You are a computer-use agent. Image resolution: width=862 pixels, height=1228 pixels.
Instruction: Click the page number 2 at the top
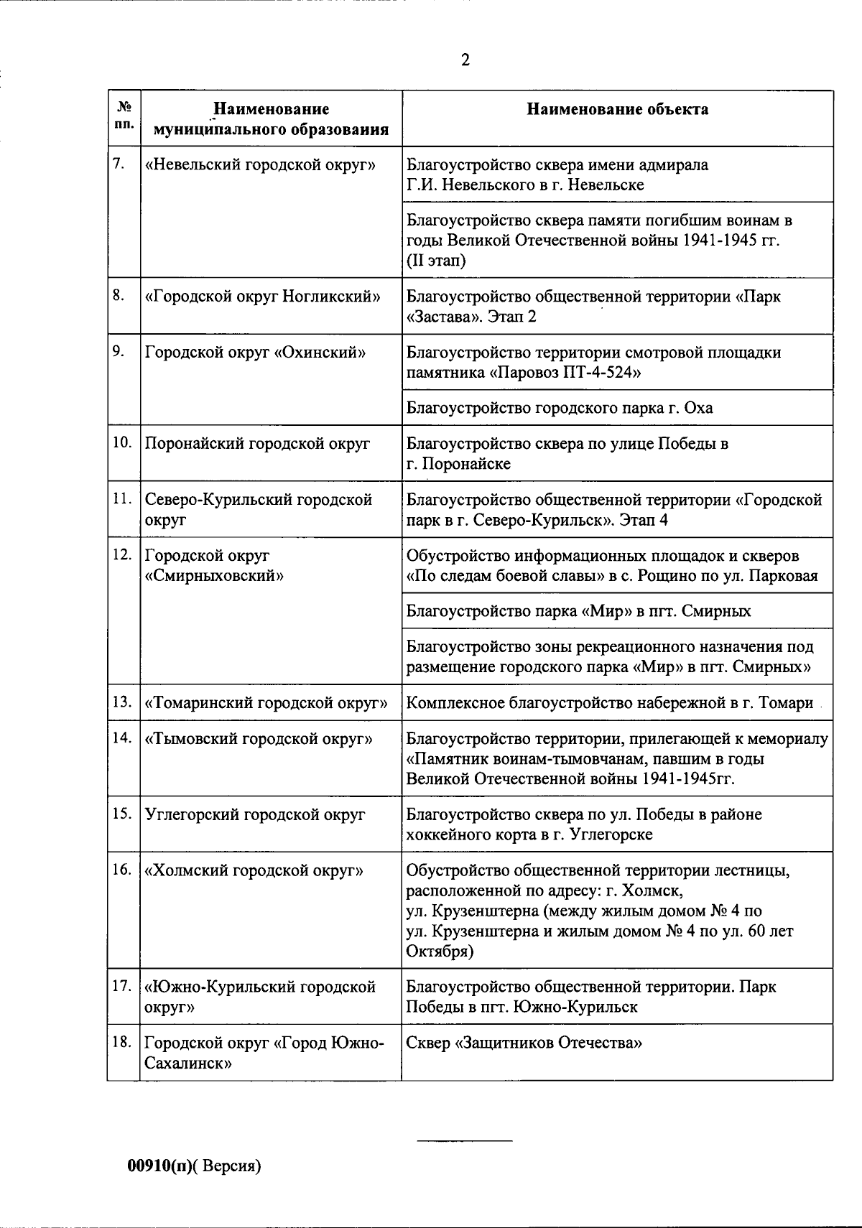pos(465,61)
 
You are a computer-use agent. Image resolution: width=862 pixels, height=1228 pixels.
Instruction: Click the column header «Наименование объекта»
pos(617,109)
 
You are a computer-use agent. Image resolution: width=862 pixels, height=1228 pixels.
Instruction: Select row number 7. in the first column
pos(120,164)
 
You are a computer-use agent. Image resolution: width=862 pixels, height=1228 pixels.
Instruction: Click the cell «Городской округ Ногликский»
pos(263,297)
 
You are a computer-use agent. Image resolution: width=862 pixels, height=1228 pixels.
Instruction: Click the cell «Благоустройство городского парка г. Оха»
pos(560,408)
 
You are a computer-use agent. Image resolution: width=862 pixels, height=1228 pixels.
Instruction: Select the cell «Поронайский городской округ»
pos(257,443)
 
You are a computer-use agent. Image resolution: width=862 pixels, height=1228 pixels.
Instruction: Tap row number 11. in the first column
pos(122,499)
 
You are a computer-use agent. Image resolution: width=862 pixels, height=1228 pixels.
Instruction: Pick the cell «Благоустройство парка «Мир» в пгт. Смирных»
pos(578,611)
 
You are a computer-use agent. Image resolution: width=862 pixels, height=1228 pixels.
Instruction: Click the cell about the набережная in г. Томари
pos(610,702)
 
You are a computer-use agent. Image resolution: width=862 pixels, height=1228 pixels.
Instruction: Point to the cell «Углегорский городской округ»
pos(255,814)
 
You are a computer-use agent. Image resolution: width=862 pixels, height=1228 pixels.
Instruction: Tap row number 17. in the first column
pos(122,986)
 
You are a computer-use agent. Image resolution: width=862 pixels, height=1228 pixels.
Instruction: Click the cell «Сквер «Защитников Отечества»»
pos(524,1042)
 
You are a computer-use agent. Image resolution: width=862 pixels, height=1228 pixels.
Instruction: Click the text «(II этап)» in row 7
pos(436,260)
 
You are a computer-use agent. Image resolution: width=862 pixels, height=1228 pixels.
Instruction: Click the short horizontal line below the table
pos(465,1140)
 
